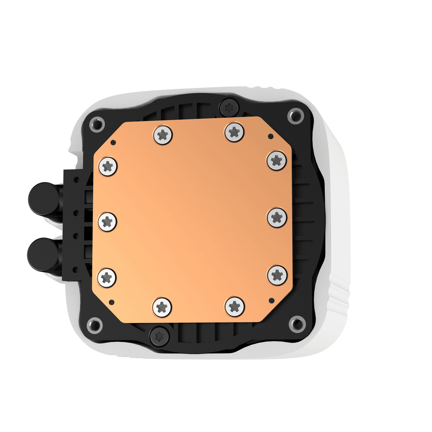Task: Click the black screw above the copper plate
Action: point(229,107)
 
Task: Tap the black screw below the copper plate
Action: point(159,336)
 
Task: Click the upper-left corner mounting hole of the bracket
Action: point(97,124)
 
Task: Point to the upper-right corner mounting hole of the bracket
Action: point(295,115)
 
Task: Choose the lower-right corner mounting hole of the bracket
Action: point(296,323)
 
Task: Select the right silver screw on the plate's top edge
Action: point(234,132)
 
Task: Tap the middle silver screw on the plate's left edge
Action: point(107,222)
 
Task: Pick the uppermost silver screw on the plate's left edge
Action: point(108,166)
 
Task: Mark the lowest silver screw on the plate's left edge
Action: point(107,278)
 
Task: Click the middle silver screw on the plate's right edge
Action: point(277,217)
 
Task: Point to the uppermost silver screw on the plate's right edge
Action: point(276,160)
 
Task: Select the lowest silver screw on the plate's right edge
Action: point(277,275)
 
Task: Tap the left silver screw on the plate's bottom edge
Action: point(162,307)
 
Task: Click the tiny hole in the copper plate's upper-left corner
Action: point(113,143)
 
